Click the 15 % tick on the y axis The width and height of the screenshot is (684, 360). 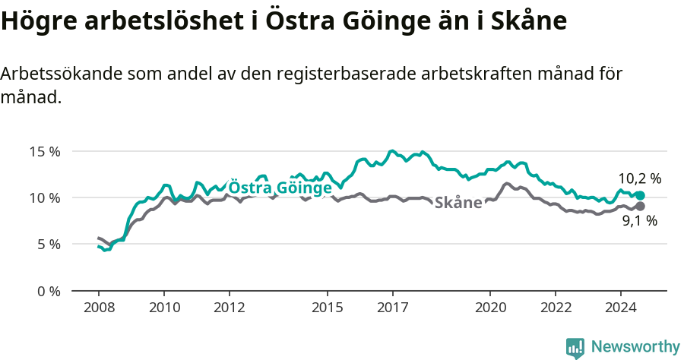coord(45,150)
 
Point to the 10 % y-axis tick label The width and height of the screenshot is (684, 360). coord(45,197)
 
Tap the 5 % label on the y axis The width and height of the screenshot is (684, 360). coord(49,244)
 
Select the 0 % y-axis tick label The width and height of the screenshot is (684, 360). coord(49,291)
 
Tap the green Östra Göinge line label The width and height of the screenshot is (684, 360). coord(280,188)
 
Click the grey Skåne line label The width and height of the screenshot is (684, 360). coord(458,203)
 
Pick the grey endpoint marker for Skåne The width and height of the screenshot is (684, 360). coord(640,206)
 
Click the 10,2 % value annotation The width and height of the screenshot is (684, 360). coord(640,179)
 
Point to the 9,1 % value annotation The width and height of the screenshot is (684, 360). coord(640,222)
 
